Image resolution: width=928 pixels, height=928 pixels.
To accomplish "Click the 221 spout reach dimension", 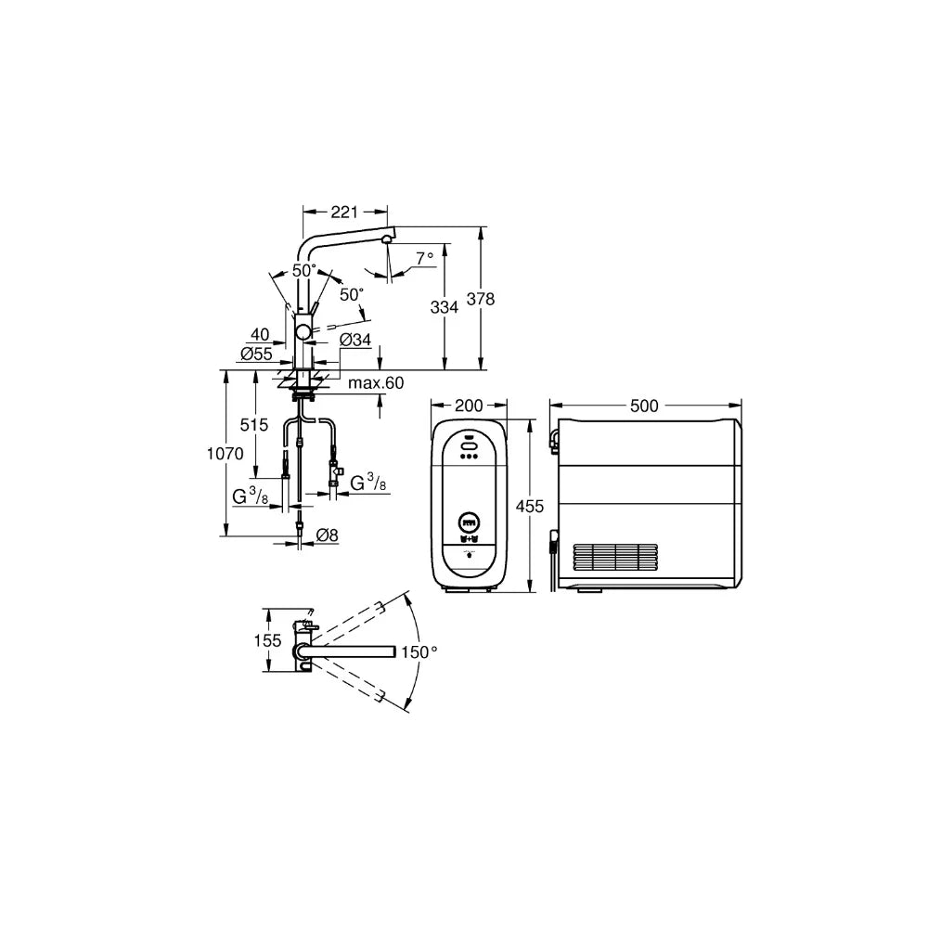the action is click(344, 212).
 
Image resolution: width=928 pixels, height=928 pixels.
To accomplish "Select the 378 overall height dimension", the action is click(481, 299).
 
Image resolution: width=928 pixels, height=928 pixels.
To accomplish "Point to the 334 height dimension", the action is click(444, 307).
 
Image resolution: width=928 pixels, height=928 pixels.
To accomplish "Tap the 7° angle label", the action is click(424, 258).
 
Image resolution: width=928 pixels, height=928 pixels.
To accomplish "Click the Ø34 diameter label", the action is click(355, 339).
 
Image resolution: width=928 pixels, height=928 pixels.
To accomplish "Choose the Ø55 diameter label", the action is click(256, 354).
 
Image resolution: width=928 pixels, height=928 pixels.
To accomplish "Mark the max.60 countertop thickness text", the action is click(376, 383).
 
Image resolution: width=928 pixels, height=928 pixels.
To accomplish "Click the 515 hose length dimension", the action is click(254, 424).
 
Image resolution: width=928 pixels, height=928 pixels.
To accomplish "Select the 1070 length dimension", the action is click(225, 454).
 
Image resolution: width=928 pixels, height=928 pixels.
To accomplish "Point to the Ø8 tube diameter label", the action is click(327, 535).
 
